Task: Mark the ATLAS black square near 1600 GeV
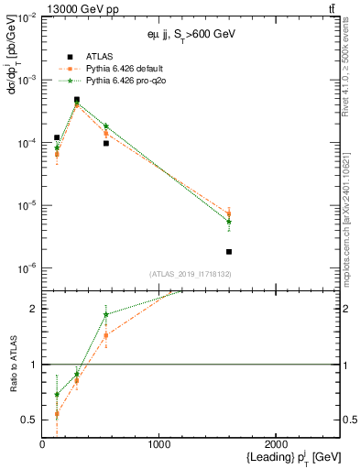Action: tap(229, 251)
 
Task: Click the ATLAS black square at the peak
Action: tap(77, 100)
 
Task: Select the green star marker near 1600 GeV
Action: tap(229, 221)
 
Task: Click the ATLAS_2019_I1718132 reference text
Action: tap(190, 274)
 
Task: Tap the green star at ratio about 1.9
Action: tap(106, 314)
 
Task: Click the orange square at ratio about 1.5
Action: tap(106, 335)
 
